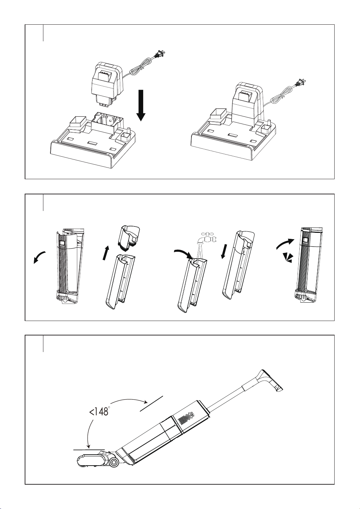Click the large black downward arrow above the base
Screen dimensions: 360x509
click(141, 105)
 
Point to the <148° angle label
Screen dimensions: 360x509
click(99, 411)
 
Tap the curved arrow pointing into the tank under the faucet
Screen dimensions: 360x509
click(183, 253)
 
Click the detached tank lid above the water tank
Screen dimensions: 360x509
click(129, 238)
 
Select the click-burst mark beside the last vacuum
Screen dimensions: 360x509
click(288, 258)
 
